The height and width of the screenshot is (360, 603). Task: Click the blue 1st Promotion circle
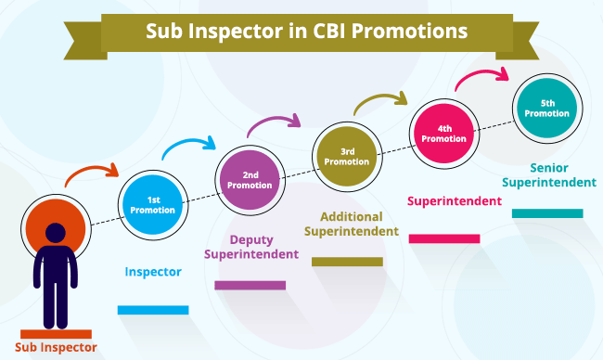click(153, 205)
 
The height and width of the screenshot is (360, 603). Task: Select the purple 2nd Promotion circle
click(250, 180)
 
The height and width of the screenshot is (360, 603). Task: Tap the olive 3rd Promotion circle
click(347, 157)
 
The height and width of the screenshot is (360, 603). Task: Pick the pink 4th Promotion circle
click(444, 134)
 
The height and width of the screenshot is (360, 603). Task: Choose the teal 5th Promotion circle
click(547, 109)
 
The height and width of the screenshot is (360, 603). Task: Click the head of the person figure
click(56, 233)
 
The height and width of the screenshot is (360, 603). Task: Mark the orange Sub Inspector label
click(56, 347)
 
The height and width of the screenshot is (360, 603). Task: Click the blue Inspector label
click(153, 272)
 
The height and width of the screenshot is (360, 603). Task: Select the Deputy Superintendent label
click(251, 247)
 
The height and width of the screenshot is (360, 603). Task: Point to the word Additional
click(352, 216)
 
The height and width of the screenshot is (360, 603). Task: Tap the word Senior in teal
click(549, 168)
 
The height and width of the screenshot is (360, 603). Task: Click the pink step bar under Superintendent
click(444, 238)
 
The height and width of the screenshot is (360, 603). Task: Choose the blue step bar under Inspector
click(153, 310)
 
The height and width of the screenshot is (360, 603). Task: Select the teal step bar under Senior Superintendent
click(547, 213)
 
